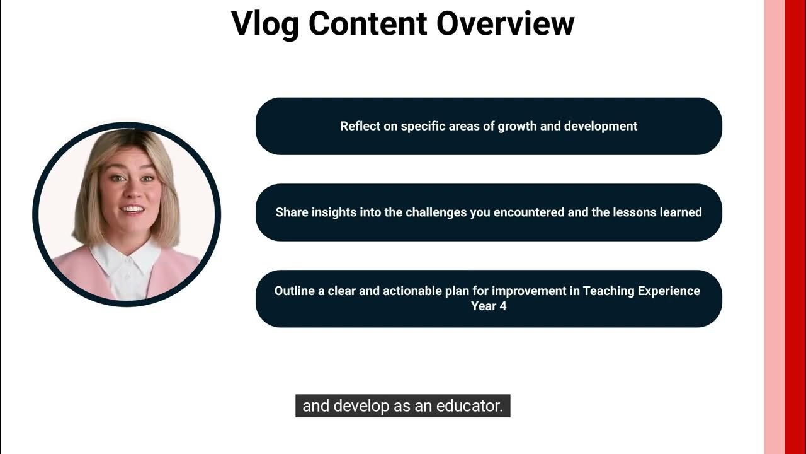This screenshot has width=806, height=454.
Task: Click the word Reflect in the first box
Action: click(x=361, y=126)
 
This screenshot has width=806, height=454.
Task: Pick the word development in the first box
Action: click(x=601, y=126)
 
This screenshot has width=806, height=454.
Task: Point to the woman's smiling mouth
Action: click(x=132, y=209)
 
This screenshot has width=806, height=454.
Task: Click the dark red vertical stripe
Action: click(x=795, y=227)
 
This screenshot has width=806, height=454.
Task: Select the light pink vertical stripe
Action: click(x=774, y=227)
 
